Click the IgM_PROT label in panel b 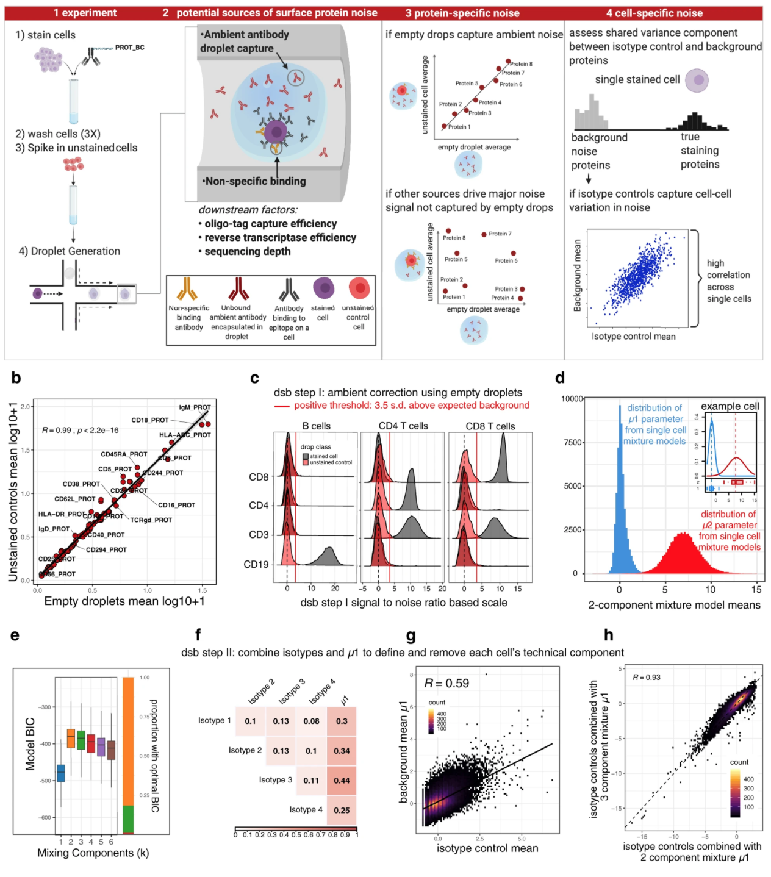195,407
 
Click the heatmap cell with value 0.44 342,781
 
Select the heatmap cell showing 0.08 311,721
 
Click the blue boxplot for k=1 60,773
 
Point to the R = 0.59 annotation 446,683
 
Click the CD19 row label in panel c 256,564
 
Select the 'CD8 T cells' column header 490,426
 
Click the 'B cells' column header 316,426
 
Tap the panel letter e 15,635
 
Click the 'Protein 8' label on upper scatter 521,64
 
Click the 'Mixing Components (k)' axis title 93,853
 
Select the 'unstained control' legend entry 331,462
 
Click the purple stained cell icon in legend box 323,288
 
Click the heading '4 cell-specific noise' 654,13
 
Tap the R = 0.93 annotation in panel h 646,677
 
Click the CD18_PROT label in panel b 150,420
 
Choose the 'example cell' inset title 730,406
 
